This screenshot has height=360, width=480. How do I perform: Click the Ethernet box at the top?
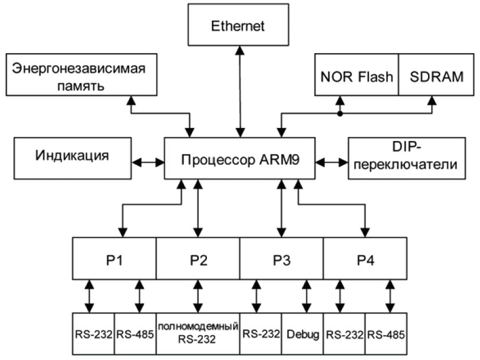tap(239, 27)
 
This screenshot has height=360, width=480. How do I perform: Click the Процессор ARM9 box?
tap(240, 160)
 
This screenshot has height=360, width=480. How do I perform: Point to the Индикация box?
tap(73, 156)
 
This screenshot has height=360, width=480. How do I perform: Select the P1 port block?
tap(114, 258)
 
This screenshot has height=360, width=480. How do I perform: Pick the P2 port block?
tap(198, 258)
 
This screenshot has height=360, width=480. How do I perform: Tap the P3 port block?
tap(281, 258)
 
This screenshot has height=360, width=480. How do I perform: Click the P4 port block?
tap(365, 258)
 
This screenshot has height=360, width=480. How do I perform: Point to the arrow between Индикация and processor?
tap(148, 161)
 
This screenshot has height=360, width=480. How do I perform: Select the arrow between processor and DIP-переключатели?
tap(332, 161)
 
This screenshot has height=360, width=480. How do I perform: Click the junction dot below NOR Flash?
tap(340, 114)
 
